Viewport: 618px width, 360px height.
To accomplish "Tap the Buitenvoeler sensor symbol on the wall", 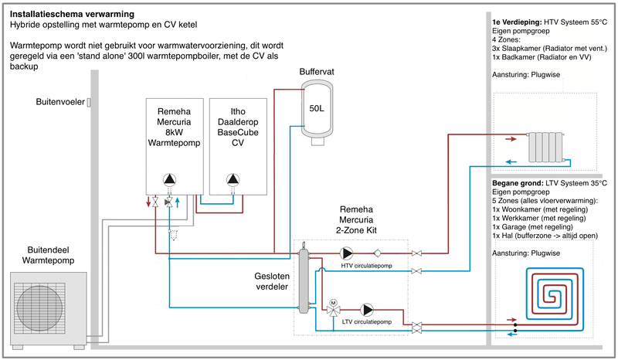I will point(89,103).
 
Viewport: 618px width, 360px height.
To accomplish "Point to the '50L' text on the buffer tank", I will point(317,109).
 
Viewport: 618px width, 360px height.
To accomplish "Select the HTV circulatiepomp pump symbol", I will point(347,253).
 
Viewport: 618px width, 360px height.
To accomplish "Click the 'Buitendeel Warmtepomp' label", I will point(43,253).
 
